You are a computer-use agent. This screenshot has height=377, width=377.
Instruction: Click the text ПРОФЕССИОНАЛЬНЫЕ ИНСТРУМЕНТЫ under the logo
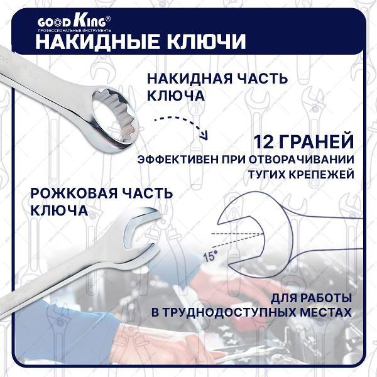(x=75, y=30)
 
